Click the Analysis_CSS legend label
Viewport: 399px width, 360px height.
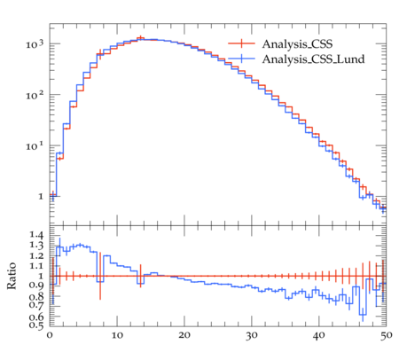297,44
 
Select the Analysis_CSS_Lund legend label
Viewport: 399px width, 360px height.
313,59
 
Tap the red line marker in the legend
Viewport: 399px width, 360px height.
241,43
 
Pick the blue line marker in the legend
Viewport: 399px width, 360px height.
241,59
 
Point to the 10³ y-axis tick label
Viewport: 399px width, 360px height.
35,44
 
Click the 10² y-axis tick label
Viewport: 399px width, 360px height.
35,95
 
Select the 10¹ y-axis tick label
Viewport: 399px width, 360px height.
35,146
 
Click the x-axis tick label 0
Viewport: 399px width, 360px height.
50,335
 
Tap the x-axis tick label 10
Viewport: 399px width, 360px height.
117,335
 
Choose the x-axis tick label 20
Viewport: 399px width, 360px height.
184,335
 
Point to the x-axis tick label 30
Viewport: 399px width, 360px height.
252,336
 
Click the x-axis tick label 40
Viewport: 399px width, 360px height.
319,336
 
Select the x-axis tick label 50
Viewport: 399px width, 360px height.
387,336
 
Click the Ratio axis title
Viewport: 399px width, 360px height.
12,276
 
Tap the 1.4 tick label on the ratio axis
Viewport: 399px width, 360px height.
36,235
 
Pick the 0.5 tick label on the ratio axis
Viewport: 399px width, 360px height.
36,325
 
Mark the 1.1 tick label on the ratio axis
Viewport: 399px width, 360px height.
36,266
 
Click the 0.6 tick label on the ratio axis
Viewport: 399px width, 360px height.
36,317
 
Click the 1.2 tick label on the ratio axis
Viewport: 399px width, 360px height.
36,255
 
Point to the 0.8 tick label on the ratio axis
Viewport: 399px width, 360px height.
36,296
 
